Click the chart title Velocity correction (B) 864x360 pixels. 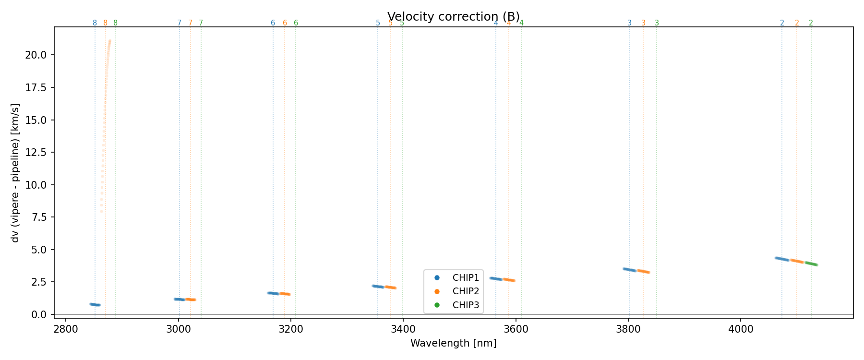point(453,16)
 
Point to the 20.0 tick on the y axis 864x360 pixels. point(36,55)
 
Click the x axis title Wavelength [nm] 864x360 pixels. point(453,343)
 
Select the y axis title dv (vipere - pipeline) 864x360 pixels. point(15,173)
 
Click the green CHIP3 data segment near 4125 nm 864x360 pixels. point(811,264)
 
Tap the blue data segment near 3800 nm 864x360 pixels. point(629,270)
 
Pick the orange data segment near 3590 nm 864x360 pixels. point(509,279)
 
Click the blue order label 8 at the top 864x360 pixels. point(95,23)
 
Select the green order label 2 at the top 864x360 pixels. point(811,23)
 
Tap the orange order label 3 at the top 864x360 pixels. point(643,23)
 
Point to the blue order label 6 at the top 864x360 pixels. point(273,23)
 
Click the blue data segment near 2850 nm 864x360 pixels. point(95,304)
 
